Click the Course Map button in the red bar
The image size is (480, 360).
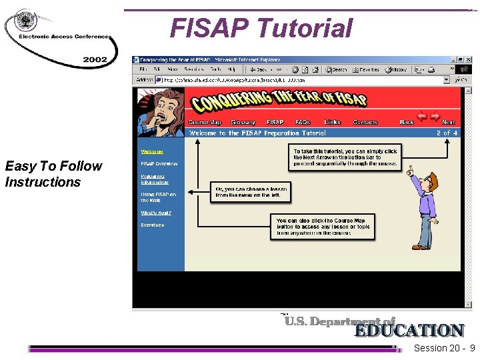click(x=205, y=123)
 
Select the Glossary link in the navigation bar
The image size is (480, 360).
click(x=243, y=123)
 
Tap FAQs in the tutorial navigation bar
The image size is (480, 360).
click(x=303, y=123)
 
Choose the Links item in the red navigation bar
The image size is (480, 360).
click(x=332, y=123)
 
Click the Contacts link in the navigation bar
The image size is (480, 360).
click(x=365, y=123)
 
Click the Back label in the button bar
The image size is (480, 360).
click(x=407, y=123)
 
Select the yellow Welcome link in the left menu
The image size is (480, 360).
click(x=151, y=152)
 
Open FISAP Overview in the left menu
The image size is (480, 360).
click(x=159, y=164)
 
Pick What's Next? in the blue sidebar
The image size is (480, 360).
click(x=155, y=213)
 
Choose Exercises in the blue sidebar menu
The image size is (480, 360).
click(x=152, y=225)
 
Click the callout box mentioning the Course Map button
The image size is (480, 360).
click(x=323, y=227)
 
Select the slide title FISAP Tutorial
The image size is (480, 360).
click(x=261, y=29)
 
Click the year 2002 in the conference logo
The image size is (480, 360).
click(x=95, y=59)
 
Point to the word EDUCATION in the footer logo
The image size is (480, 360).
click(x=409, y=331)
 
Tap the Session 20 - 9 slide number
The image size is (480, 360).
click(x=444, y=349)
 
